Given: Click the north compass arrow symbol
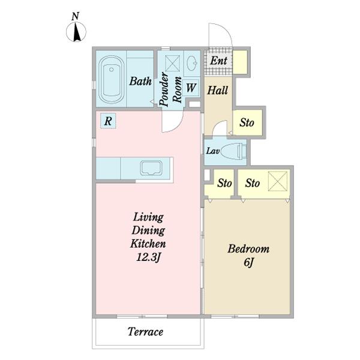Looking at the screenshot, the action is point(76,32).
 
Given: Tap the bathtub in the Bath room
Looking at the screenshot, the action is point(112,79).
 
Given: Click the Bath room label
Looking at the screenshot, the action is point(140,81).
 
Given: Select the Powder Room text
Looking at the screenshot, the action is point(170,89).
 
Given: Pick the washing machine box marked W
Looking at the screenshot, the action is point(191,88).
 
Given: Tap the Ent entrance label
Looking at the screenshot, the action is point(218,61).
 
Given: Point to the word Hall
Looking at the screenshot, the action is point(218,90).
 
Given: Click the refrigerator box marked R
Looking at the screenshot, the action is point(108,121).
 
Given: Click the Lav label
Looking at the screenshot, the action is point(213,151).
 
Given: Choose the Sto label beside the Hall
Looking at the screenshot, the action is point(247,122).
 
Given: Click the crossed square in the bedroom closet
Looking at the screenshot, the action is point(278,181).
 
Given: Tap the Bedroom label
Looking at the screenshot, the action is point(248,249).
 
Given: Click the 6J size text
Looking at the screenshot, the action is point(248,262).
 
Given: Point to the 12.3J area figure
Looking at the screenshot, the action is point(148,257).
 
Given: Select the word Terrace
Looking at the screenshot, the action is point(145,332).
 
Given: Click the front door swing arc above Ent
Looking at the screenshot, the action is point(225,31).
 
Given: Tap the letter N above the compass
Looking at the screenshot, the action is point(76,17).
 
